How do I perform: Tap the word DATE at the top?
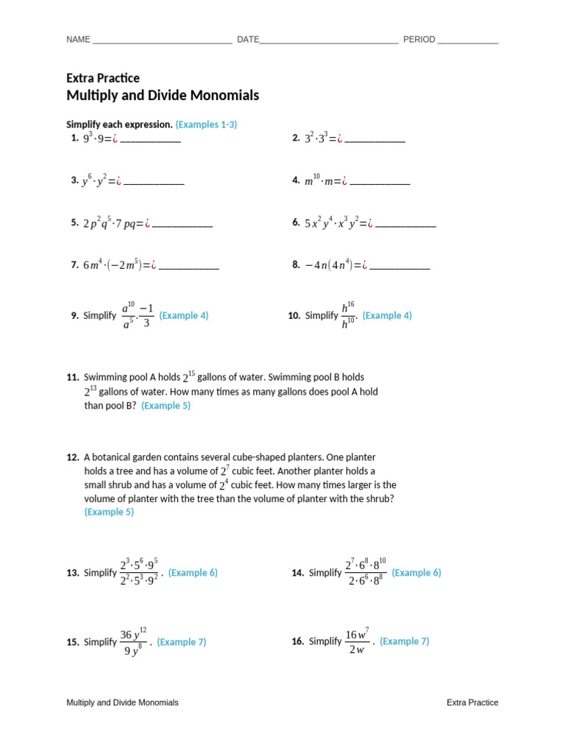coord(248,40)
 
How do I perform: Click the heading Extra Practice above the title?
coord(103,78)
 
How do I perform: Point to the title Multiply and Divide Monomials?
coord(163,96)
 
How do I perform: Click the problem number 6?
coord(296,222)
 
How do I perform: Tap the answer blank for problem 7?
coord(189,267)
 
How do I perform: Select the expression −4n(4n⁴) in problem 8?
coord(329,265)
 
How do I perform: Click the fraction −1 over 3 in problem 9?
coord(146,315)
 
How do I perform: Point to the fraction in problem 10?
coord(349,316)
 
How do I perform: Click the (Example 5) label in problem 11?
coord(166,406)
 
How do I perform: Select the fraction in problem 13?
coord(139,573)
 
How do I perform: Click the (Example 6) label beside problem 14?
coord(416,572)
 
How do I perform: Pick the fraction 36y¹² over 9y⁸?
coord(133,642)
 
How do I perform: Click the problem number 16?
coord(297,641)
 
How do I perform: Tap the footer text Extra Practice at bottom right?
coord(472,702)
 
